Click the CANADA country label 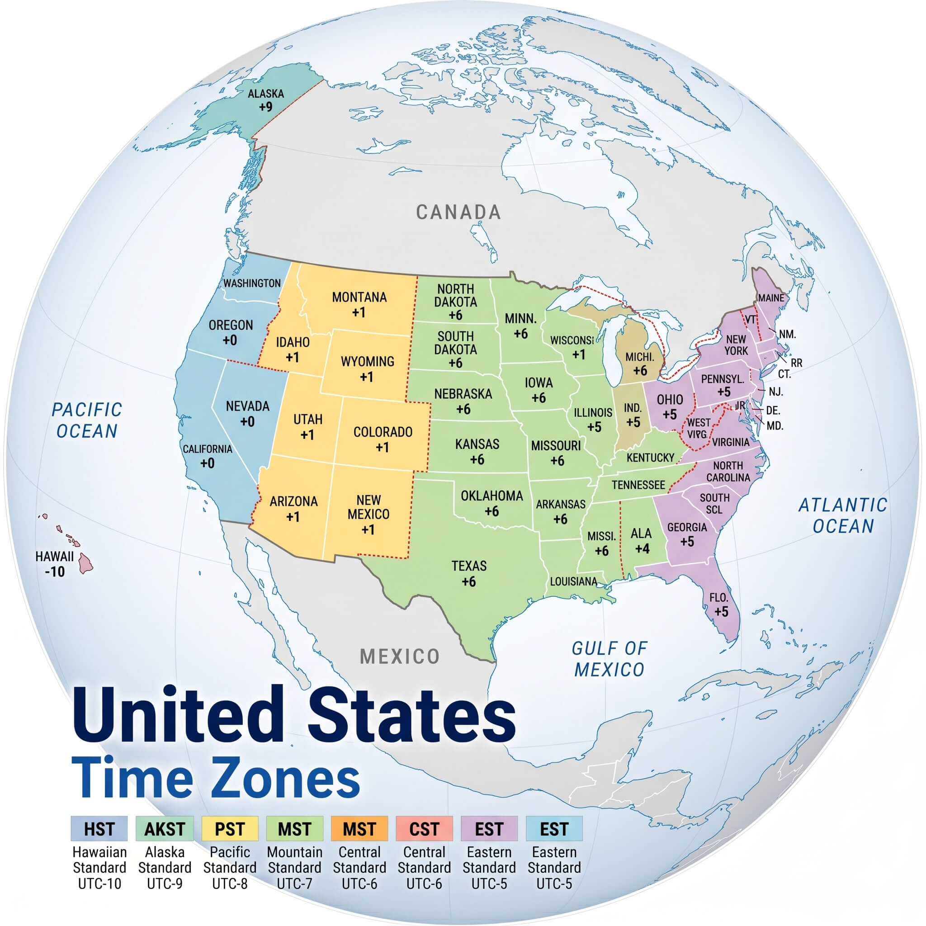458,213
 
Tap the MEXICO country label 400,656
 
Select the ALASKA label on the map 265,94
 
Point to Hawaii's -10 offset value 55,572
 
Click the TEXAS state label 469,566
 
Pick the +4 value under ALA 642,549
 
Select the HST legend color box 99,829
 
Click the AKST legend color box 165,829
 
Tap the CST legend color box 424,829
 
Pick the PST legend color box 230,829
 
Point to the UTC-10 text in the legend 99,883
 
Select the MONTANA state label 359,297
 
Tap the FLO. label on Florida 718,598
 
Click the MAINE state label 771,298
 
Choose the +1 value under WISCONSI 579,354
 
